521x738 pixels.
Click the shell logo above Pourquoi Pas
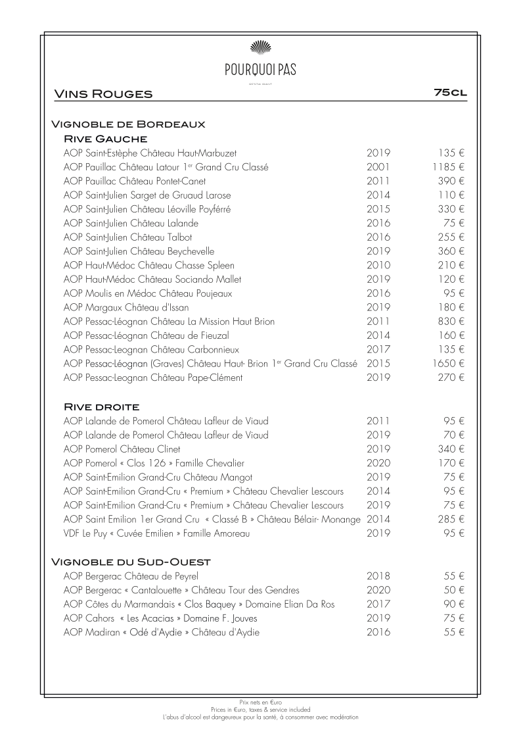pos(260,46)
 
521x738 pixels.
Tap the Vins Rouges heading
pos(103,94)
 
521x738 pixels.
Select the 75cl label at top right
pos(450,93)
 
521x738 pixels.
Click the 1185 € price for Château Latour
pos(448,167)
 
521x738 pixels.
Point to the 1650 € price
pos(448,363)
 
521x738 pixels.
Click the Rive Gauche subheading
pos(105,139)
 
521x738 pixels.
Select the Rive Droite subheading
pos(102,406)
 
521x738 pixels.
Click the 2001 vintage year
pos(378,167)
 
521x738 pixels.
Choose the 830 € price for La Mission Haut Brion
pos(451,322)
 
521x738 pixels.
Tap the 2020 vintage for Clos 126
pos(378,463)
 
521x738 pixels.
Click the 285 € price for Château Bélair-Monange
pos(451,520)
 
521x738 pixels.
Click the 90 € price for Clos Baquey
pos(453,604)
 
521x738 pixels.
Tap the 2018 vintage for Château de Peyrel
pos(378,576)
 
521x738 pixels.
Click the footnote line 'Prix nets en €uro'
pos(260,703)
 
